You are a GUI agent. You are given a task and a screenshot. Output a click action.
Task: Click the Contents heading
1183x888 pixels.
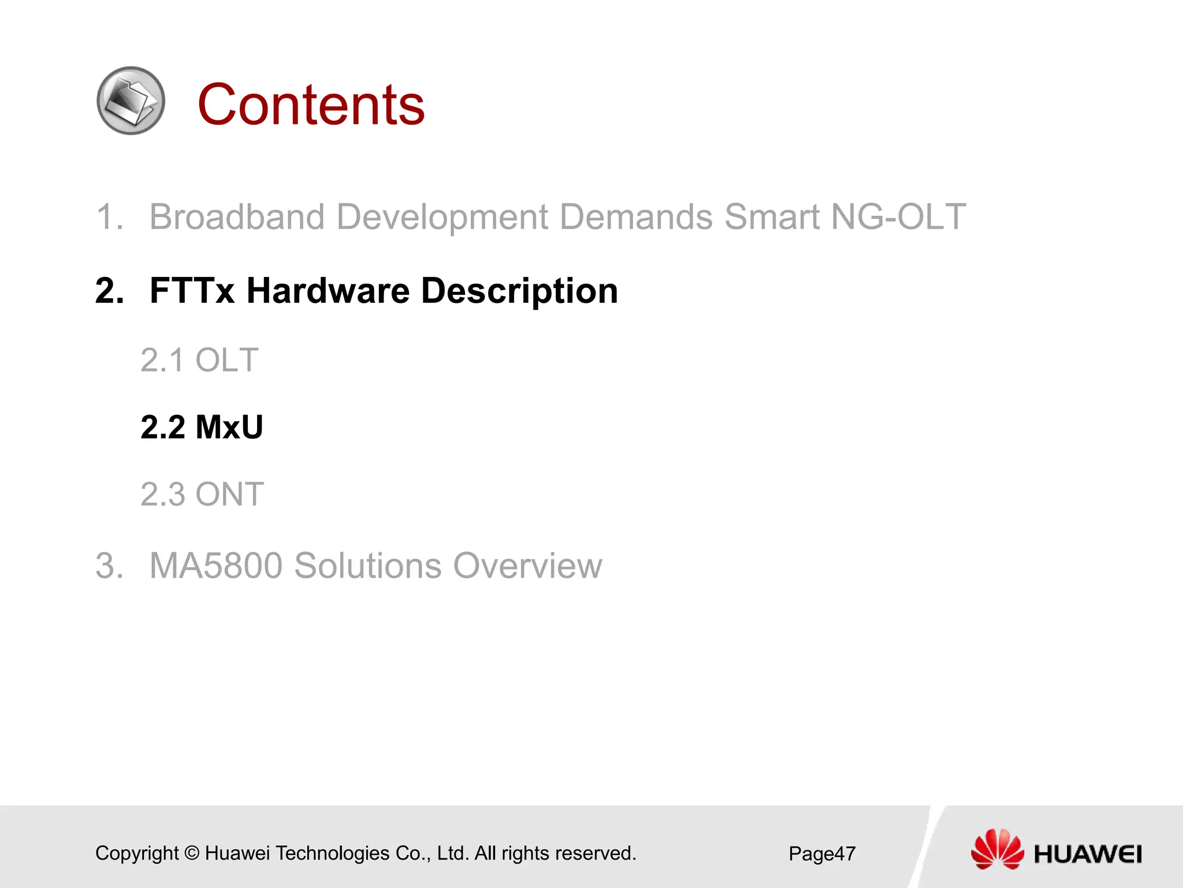(x=311, y=105)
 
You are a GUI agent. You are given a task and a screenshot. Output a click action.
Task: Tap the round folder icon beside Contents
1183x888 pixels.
(x=131, y=101)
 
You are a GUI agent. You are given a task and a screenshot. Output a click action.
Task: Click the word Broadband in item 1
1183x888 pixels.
(x=237, y=217)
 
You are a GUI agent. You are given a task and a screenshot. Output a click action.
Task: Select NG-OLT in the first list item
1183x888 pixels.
(x=898, y=217)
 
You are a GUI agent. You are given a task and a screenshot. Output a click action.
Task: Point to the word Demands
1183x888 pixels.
(x=636, y=217)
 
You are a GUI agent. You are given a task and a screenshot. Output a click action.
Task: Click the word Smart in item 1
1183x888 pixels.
(x=772, y=217)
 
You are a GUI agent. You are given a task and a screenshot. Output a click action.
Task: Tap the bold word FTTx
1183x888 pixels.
(x=192, y=290)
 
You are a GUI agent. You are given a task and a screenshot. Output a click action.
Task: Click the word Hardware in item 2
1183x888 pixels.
(x=328, y=290)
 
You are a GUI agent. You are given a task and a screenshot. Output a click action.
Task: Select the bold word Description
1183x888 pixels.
(x=519, y=291)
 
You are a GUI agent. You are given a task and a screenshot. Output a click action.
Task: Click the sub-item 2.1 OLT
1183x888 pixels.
(x=199, y=360)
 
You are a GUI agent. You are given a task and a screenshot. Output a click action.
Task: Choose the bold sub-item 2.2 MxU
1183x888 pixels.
(x=202, y=427)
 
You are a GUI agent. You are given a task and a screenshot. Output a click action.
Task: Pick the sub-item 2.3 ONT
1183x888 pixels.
(x=202, y=494)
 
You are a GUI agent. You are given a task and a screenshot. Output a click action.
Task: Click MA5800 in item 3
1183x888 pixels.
(x=215, y=565)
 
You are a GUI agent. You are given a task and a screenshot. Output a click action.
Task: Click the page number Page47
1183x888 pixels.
(x=821, y=854)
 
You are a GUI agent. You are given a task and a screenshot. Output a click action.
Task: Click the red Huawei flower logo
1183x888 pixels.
(x=997, y=849)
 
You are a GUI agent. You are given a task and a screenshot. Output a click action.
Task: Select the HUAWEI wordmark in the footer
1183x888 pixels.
(x=1088, y=854)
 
